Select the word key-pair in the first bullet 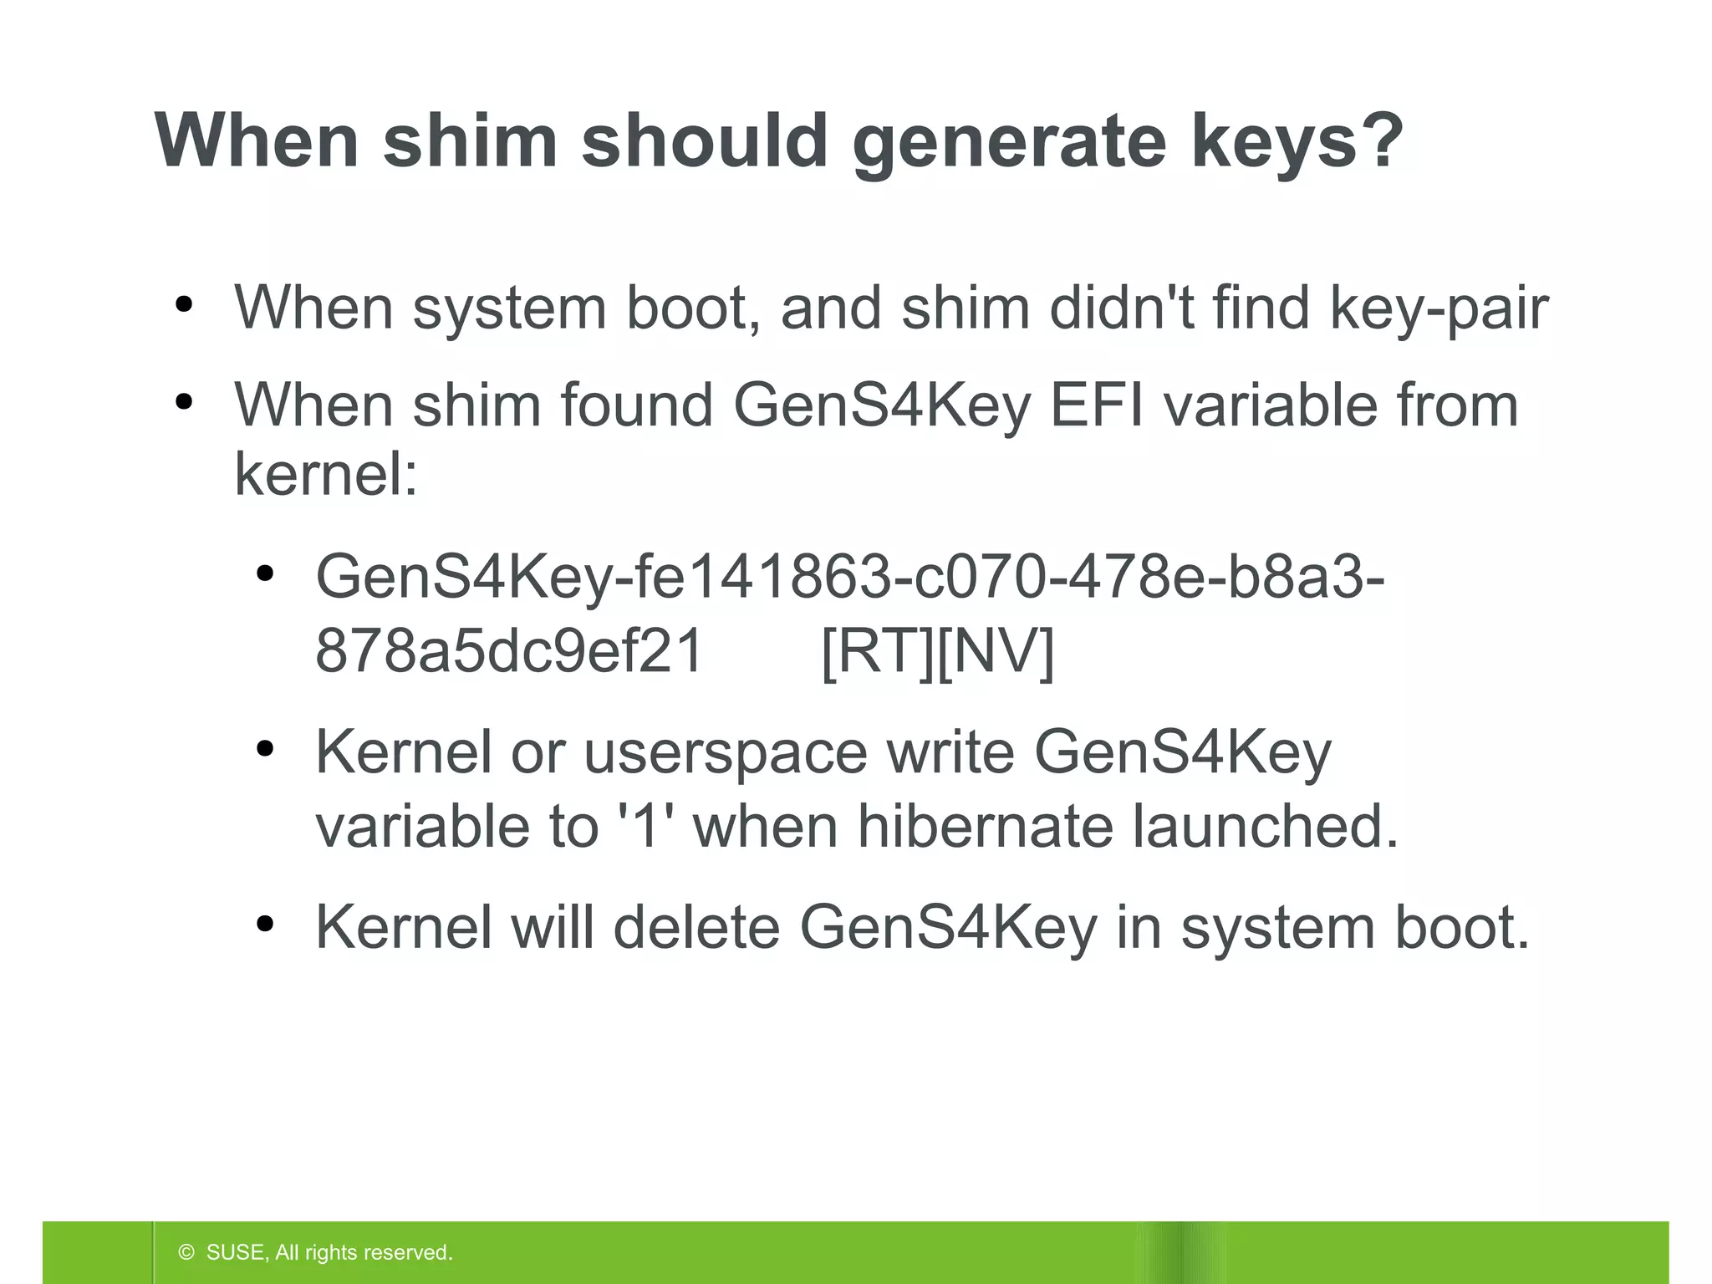[x=1439, y=309]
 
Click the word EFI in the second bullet [x=1096, y=405]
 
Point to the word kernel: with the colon [x=325, y=475]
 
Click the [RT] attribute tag [x=879, y=651]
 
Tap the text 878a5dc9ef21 [x=508, y=651]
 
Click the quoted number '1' [x=644, y=826]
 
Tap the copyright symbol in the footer [x=186, y=1252]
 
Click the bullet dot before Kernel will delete [x=265, y=924]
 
